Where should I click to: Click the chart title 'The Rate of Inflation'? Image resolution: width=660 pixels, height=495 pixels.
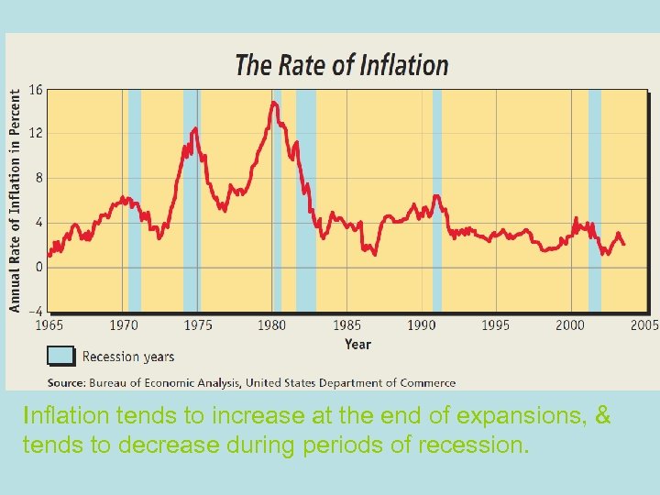[x=341, y=65]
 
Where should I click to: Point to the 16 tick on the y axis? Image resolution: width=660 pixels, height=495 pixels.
[x=37, y=89]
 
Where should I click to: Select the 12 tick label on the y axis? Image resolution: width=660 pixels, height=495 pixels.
[x=37, y=133]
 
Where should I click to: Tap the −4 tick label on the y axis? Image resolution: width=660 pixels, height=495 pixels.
[x=34, y=312]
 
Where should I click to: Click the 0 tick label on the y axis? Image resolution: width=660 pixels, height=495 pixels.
[x=39, y=267]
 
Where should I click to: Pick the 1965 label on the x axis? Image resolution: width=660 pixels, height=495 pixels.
[x=49, y=325]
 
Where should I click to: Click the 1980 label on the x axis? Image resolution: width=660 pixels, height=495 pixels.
[x=271, y=325]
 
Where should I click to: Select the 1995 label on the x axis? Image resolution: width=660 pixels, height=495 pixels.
[x=495, y=325]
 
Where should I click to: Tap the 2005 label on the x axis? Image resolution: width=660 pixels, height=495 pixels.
[x=644, y=325]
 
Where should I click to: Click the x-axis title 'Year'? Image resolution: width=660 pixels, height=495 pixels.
[x=357, y=344]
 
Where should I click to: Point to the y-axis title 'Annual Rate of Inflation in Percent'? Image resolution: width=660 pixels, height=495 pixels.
[x=16, y=200]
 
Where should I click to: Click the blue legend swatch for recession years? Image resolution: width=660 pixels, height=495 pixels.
[x=60, y=357]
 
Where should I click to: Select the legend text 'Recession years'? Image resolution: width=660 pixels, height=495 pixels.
[x=127, y=357]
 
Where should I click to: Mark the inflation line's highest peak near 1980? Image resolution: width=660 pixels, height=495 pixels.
[x=273, y=103]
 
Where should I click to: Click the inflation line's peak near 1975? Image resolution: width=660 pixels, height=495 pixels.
[x=194, y=128]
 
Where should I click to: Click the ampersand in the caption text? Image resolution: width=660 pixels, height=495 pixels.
[x=602, y=415]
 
